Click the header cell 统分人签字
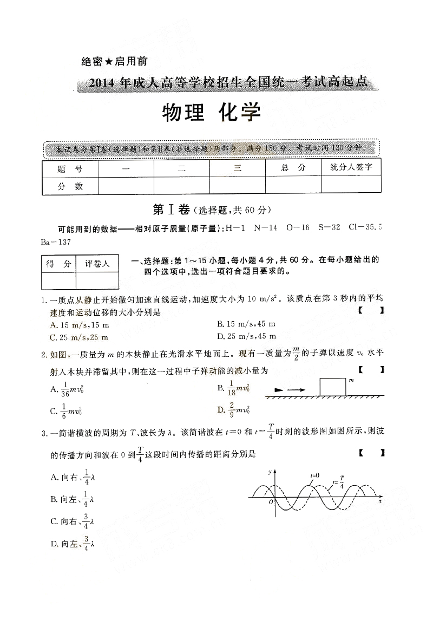351,167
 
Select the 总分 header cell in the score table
293,168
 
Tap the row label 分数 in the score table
70,186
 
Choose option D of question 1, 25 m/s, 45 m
246,336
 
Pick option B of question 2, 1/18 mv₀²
233,388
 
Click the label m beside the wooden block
351,380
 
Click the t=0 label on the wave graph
314,475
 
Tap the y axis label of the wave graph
270,472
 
